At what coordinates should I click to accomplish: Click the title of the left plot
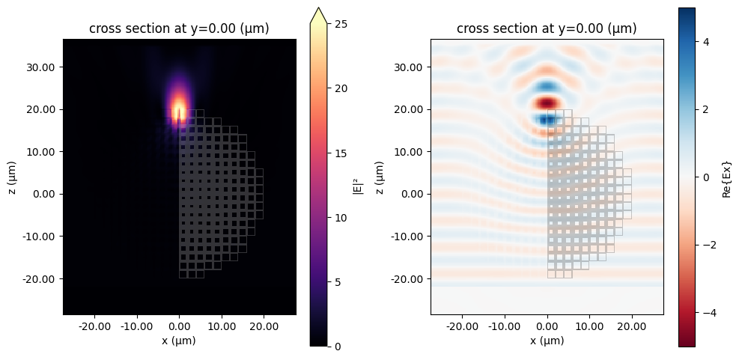tap(179, 29)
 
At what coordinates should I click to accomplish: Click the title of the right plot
tap(547, 29)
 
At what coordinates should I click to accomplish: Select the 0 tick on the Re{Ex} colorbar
tap(707, 177)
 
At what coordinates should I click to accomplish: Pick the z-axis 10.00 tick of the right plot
tap(413, 151)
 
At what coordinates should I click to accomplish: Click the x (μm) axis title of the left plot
tap(179, 341)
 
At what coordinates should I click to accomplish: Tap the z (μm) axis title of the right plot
tap(380, 177)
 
